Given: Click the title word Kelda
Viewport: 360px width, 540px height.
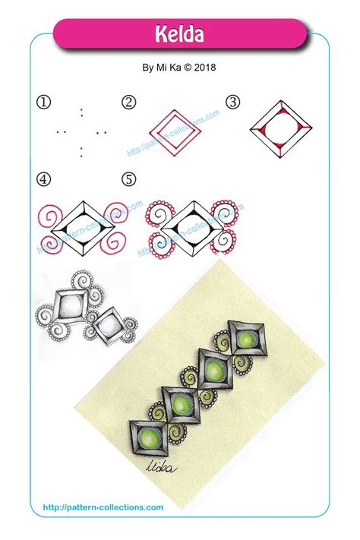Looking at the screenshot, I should (180, 34).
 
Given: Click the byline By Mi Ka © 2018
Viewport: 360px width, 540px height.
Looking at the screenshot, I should (180, 67).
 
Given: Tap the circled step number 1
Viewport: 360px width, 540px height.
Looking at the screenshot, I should (43, 102).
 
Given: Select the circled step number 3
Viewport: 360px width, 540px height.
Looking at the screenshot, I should (232, 102).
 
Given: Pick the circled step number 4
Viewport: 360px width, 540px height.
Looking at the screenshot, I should (43, 181).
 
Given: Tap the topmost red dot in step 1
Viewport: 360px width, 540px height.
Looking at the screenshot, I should (81, 110).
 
